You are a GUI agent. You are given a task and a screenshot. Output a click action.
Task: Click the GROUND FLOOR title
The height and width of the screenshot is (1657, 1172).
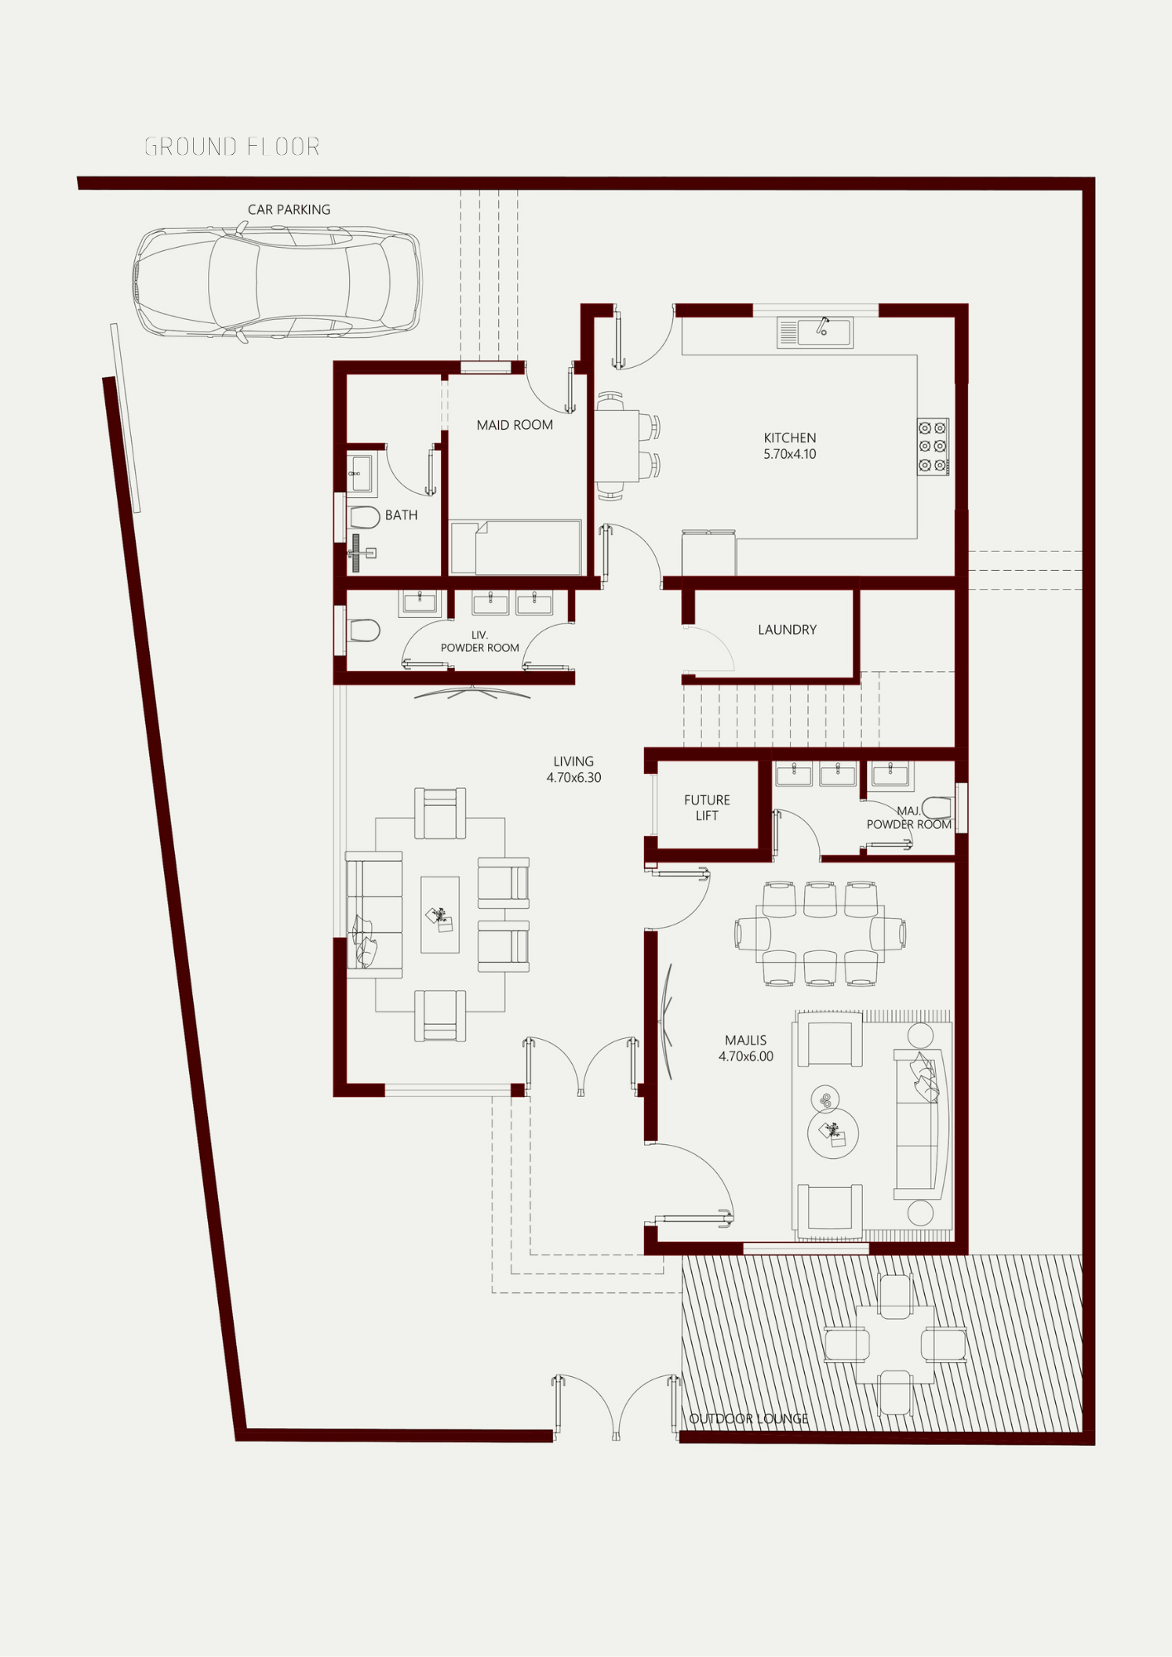click(x=232, y=147)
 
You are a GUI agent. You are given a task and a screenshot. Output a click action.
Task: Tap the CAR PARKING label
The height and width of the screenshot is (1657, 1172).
click(x=289, y=210)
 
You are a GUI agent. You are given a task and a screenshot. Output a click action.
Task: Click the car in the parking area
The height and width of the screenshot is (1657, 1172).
click(x=277, y=283)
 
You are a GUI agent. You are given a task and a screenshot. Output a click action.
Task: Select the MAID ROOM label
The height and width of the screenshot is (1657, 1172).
click(x=515, y=425)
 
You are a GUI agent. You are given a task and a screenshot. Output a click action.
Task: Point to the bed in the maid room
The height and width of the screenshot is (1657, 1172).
click(x=515, y=547)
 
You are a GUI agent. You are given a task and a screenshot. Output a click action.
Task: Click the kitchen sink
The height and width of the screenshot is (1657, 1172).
click(x=815, y=332)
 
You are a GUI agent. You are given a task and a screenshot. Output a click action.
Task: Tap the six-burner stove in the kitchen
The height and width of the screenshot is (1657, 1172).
click(x=933, y=447)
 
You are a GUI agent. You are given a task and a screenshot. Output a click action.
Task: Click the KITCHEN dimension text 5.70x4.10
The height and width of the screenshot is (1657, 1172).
click(x=790, y=454)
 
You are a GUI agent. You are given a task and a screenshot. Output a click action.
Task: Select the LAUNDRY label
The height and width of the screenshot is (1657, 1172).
click(x=787, y=630)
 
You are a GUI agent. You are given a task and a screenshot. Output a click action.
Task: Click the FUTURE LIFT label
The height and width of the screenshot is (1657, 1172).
click(x=707, y=808)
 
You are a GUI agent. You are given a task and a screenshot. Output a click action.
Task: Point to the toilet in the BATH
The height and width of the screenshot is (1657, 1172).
click(x=364, y=518)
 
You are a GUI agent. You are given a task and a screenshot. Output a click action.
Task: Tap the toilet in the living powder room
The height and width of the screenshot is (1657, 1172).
click(x=364, y=630)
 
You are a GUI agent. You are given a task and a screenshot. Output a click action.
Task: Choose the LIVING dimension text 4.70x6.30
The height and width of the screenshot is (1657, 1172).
click(x=574, y=777)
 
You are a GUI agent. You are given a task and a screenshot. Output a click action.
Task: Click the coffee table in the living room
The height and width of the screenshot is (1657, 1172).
click(x=440, y=915)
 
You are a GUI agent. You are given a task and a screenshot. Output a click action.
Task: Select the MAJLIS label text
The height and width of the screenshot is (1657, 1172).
click(x=746, y=1040)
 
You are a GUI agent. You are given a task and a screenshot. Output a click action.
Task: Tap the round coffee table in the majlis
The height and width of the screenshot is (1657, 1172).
click(x=833, y=1133)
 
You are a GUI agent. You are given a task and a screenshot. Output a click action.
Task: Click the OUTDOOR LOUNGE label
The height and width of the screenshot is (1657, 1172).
click(x=749, y=1418)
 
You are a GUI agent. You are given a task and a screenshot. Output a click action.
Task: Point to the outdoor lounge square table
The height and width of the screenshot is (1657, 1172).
click(x=895, y=1345)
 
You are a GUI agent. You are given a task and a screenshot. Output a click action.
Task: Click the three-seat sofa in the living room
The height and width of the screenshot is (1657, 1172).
click(x=374, y=915)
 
